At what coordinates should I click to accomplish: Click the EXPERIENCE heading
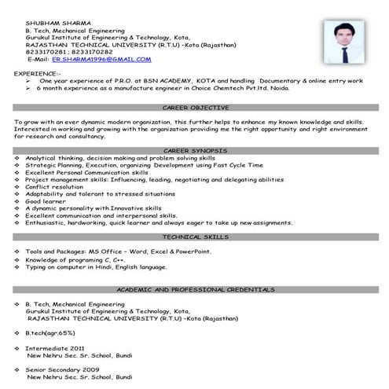(x=36, y=72)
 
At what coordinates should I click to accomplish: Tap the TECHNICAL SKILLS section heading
(x=194, y=236)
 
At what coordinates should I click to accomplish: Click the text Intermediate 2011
(x=57, y=348)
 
